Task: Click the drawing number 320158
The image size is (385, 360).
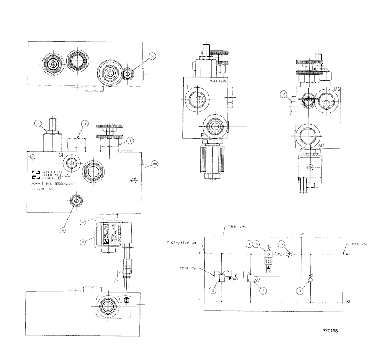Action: coord(331,330)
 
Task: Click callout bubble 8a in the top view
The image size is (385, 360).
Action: coord(152,57)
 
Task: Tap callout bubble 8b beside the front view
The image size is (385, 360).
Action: coord(155,164)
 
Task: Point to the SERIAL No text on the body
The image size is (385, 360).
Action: coord(42,189)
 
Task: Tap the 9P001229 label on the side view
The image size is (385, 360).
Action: coord(219,81)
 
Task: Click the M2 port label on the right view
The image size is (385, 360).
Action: coord(337,89)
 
